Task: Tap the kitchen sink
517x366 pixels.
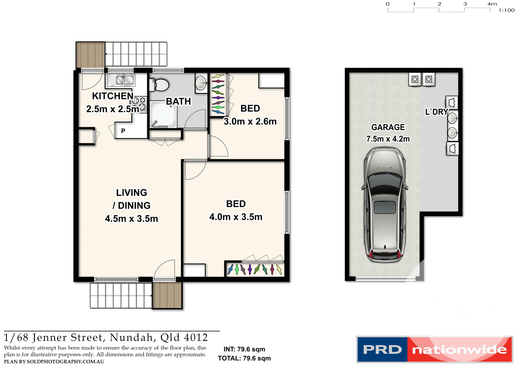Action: pos(121,80)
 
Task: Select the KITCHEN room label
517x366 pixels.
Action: pos(113,96)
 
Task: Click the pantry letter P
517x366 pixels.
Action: pos(123,131)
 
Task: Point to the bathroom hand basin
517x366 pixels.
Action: pos(201,83)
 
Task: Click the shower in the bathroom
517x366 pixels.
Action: pos(163,114)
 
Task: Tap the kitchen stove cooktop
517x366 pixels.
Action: pos(139,104)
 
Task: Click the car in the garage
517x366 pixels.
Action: pos(384,205)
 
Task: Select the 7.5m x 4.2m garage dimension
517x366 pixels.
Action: pos(388,139)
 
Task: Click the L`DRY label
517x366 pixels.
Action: pos(436,112)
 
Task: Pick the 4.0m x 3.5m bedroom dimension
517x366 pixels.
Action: pos(236,217)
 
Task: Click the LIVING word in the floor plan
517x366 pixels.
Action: pos(131,193)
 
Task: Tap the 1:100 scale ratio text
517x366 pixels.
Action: pos(506,11)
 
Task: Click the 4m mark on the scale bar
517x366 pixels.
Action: pos(492,4)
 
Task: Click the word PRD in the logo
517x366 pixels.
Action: pos(382,350)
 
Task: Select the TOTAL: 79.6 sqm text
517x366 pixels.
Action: pos(244,358)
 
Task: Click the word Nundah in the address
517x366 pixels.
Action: pos(131,337)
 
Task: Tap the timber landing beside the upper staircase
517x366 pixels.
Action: pos(90,55)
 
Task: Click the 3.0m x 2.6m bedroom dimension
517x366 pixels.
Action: pos(250,121)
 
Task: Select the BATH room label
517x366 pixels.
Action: pos(178,101)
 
